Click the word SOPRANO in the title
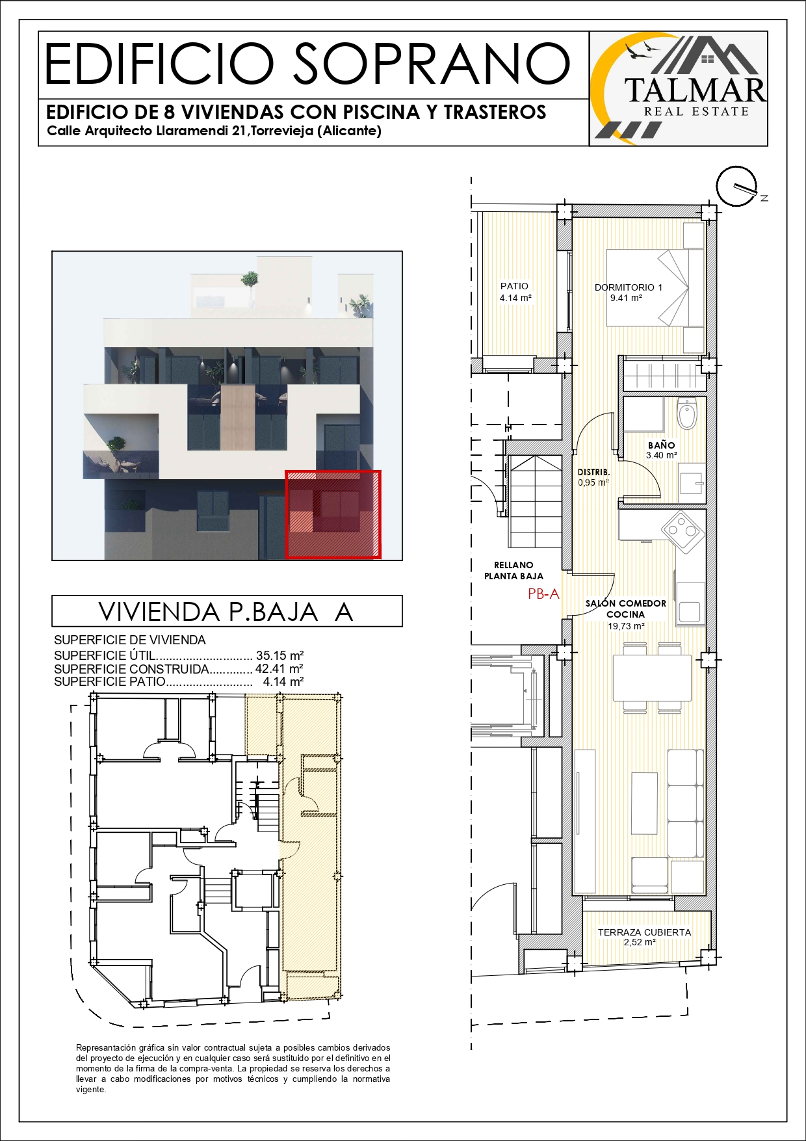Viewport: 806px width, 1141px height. point(432,64)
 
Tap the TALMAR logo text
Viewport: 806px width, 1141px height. point(695,90)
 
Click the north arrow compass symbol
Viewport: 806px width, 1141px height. point(738,186)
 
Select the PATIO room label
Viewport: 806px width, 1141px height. point(514,286)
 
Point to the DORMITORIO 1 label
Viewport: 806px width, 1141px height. point(629,287)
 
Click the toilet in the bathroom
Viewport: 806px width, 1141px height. point(687,413)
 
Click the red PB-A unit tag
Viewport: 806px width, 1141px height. point(543,594)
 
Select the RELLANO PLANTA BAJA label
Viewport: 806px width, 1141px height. point(513,571)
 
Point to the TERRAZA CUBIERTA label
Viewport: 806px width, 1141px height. point(644,932)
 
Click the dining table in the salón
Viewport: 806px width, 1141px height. point(652,678)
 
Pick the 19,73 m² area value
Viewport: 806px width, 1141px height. point(626,626)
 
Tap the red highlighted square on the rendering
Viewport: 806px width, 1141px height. point(333,514)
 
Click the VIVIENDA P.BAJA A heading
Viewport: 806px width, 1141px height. point(226,612)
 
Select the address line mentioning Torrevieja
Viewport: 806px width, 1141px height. point(214,131)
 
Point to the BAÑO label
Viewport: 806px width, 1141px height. point(661,445)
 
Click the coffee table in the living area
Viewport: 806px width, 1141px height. point(644,803)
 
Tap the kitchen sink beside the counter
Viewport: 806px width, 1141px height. point(690,610)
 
